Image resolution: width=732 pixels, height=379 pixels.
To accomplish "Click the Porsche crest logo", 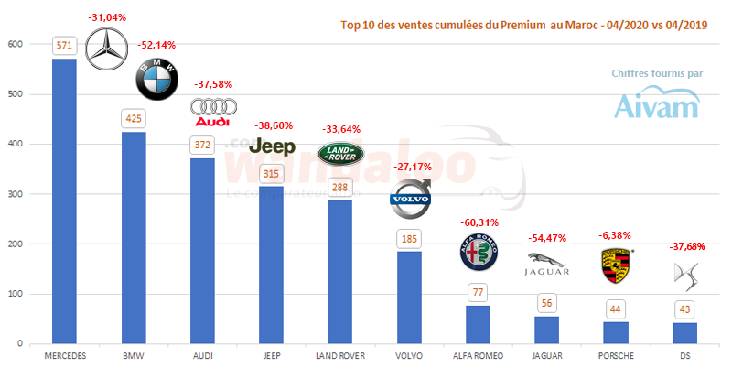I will (613, 265).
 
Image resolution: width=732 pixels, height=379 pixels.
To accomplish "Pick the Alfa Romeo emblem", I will (479, 254).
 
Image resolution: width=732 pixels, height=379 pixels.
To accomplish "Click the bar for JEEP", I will (271, 265).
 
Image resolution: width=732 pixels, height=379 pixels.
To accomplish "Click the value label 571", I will (64, 45).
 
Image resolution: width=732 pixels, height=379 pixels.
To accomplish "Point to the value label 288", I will (339, 186).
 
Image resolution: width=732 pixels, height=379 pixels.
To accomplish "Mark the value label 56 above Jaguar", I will (546, 303).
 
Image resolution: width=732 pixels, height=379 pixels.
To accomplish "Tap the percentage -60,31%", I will (478, 222).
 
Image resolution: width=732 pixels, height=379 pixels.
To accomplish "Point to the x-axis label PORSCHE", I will (615, 354).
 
